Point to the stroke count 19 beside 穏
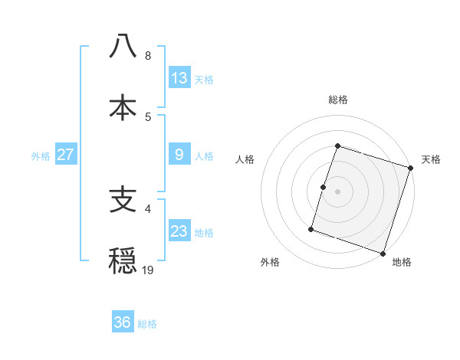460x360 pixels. coord(148,270)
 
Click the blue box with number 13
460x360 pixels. coord(179,78)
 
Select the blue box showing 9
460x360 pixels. coord(179,155)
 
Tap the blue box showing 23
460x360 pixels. coord(179,231)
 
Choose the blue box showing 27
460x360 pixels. coord(66,155)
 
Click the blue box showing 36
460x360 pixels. coord(123,322)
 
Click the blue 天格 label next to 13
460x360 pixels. coord(204,80)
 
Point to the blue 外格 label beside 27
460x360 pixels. coord(41,156)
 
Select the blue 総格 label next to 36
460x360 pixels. coord(147,324)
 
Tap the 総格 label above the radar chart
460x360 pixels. coord(338,100)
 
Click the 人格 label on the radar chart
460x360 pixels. coord(245,159)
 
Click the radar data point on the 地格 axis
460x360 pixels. coord(383,253)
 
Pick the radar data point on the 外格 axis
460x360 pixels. coord(311,228)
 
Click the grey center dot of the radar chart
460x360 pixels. coord(338,191)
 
